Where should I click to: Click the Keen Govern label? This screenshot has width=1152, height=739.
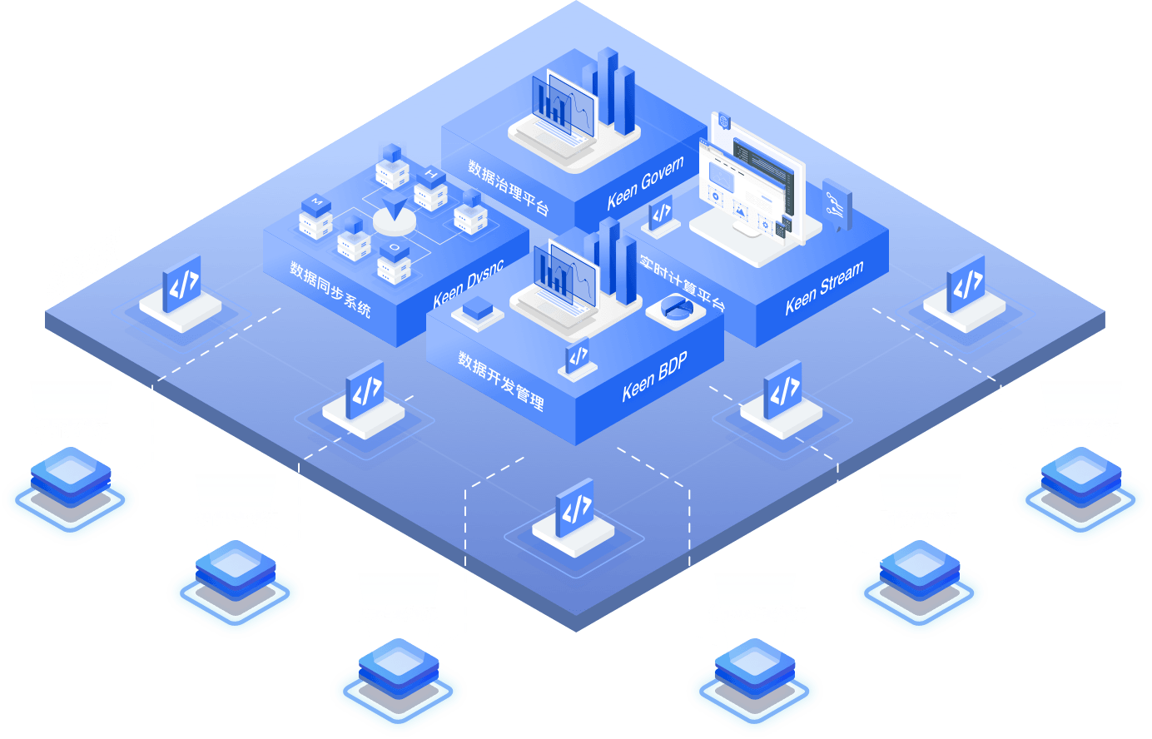645,183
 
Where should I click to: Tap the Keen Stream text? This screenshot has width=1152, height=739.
824,287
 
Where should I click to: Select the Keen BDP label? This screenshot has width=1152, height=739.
654,376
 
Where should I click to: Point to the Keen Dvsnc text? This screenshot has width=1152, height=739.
468,283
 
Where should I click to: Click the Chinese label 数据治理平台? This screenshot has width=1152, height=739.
508,186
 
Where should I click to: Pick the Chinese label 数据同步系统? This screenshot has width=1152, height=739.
330,289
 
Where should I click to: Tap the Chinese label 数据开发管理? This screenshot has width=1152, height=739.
501,380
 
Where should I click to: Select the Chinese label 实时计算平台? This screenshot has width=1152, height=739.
683,282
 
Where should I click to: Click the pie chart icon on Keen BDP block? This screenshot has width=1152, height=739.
677,308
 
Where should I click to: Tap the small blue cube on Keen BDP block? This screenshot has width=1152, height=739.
478,308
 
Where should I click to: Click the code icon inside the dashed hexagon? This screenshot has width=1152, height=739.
574,508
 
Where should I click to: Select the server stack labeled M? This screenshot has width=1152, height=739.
315,217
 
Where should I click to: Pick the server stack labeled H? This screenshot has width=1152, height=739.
431,189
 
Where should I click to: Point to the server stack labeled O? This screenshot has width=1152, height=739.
395,263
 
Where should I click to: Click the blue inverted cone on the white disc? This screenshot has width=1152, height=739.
395,207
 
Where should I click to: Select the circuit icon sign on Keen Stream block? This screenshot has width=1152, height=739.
837,206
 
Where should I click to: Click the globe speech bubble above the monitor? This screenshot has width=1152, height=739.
724,122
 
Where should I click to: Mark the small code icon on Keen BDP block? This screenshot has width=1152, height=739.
578,355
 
